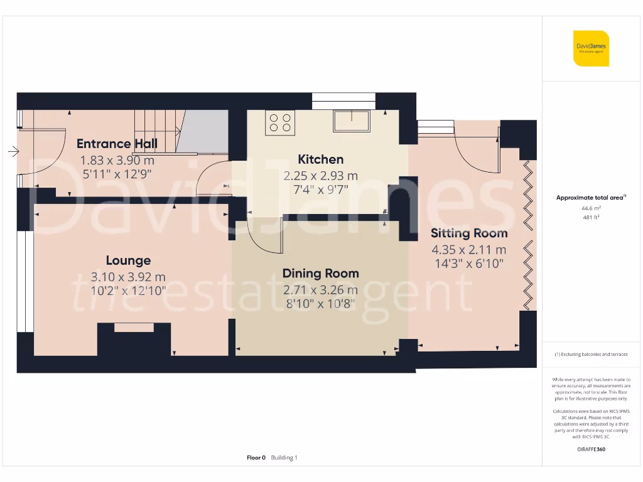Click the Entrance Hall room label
tap(117, 144)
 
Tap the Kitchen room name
tap(321, 159)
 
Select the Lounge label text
tap(128, 260)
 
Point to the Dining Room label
tap(321, 274)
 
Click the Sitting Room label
tap(469, 233)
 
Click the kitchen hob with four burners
tap(280, 122)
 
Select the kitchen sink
tap(352, 121)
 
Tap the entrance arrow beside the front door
tap(14, 152)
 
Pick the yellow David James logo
tap(591, 48)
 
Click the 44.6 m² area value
tap(592, 208)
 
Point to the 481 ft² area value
tap(592, 217)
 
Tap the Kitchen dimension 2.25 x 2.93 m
tap(321, 176)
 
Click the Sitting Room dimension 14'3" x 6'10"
tap(469, 264)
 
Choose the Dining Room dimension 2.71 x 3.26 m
tap(321, 290)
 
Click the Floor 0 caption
tap(256, 458)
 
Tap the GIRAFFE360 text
tap(592, 449)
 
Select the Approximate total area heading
tap(591, 198)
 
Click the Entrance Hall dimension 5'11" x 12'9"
tap(117, 174)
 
